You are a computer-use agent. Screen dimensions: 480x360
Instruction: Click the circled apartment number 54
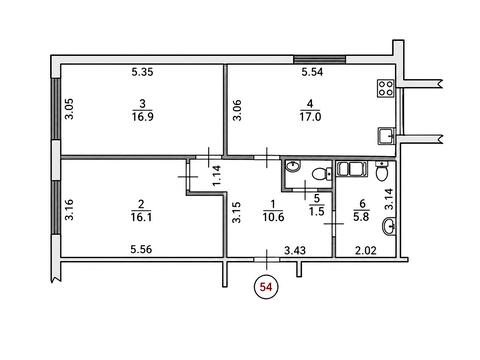click(x=266, y=287)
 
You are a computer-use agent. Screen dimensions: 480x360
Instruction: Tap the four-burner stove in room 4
click(x=386, y=88)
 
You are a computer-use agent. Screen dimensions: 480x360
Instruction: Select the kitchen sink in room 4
click(x=387, y=136)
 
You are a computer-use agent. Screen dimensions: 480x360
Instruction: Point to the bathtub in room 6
click(x=352, y=168)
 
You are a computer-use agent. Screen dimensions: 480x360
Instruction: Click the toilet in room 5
click(x=321, y=174)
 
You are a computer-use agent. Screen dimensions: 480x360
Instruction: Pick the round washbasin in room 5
click(x=293, y=166)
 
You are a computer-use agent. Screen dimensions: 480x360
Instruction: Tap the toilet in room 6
click(x=381, y=171)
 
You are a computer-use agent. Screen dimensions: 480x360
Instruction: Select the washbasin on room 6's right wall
click(x=389, y=225)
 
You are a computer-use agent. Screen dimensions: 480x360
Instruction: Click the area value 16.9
click(x=143, y=116)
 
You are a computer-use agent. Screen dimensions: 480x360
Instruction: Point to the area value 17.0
click(x=310, y=117)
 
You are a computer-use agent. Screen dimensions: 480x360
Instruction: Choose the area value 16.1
click(x=142, y=217)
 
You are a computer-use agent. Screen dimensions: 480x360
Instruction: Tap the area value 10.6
click(x=273, y=217)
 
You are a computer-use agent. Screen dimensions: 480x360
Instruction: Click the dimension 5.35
click(x=142, y=72)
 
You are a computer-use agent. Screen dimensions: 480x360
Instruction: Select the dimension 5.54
click(x=312, y=72)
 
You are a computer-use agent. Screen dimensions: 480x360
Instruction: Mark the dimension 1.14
click(x=217, y=176)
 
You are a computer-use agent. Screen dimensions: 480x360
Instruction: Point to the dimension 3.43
click(x=295, y=250)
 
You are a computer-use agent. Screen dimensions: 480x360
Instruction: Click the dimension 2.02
click(x=365, y=250)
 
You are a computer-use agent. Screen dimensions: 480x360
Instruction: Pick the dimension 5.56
click(x=141, y=249)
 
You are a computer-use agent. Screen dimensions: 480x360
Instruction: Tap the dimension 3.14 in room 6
click(x=389, y=199)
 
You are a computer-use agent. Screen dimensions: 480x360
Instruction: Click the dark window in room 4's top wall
click(x=319, y=60)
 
